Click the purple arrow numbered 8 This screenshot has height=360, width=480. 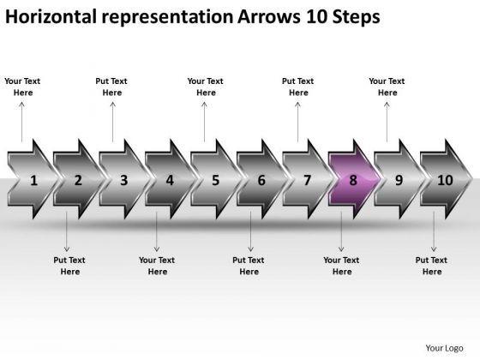(x=354, y=179)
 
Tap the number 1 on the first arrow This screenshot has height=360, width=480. (x=33, y=180)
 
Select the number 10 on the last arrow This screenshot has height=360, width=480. (x=445, y=180)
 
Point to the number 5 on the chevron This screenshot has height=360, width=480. (x=216, y=180)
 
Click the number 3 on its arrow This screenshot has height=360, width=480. (x=124, y=180)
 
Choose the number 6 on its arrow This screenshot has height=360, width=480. (x=261, y=180)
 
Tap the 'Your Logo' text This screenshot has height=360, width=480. (x=444, y=348)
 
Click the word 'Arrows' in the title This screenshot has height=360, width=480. (x=269, y=17)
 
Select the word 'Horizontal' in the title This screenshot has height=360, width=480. (x=51, y=17)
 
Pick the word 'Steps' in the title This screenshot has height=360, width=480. (x=357, y=17)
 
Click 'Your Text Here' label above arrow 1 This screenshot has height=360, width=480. (x=22, y=87)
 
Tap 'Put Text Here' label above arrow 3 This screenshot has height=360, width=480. (x=111, y=87)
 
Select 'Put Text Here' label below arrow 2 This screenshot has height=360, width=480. (x=69, y=266)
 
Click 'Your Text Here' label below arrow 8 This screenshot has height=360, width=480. (x=341, y=266)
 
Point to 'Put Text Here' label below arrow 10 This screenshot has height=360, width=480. (x=431, y=266)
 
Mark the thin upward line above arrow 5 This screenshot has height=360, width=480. (x=204, y=122)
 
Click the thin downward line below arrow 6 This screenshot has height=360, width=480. (x=250, y=231)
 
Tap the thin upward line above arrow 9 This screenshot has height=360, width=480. (x=387, y=122)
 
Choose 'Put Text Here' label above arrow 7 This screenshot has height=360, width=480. (x=298, y=87)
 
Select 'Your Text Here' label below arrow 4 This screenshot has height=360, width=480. (x=157, y=266)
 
